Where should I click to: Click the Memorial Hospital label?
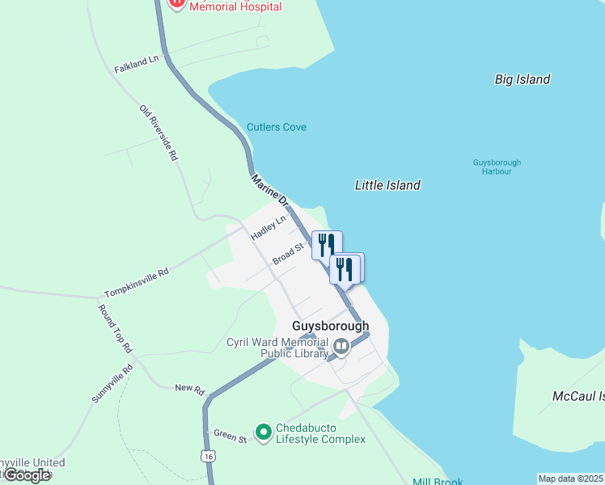(x=235, y=6)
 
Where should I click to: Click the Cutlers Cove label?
(x=277, y=128)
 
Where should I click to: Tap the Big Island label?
(x=522, y=79)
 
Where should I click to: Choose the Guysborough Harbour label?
(x=497, y=167)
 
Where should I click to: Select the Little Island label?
(x=387, y=185)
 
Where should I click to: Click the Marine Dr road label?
(x=269, y=188)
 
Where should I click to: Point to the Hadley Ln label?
(x=269, y=227)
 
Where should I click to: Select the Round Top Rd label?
(x=114, y=329)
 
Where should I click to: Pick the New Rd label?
(x=189, y=389)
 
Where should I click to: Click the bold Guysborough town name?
(x=330, y=326)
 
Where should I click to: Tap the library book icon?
(x=341, y=348)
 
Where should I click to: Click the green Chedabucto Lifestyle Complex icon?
(x=263, y=432)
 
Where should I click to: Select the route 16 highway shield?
(x=209, y=457)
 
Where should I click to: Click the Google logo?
(x=27, y=475)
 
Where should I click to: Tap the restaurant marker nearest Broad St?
(x=327, y=243)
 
